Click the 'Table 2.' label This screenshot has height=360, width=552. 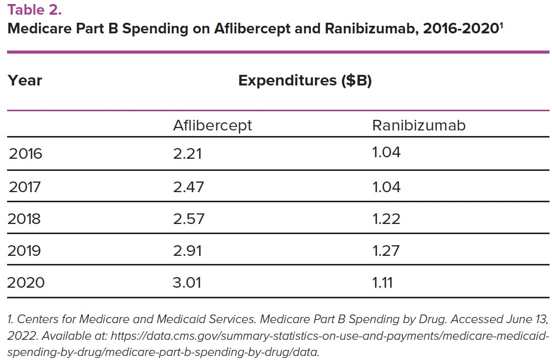coord(34,9)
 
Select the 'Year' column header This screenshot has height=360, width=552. coord(25,80)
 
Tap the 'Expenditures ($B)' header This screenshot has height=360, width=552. coord(305,80)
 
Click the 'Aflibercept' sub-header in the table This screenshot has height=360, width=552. coord(212,125)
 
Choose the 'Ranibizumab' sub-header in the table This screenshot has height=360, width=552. coord(419,125)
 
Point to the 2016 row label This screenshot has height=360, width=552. coord(25,154)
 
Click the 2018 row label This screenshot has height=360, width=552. coord(24,218)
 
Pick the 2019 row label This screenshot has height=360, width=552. coord(24,250)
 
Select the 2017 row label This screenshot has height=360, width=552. coord(25,187)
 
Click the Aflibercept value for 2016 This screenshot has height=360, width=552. coord(187,154)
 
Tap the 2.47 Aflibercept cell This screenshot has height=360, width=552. coord(188,187)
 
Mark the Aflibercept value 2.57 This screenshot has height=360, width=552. coord(188,218)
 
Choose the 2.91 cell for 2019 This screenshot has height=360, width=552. coord(187,250)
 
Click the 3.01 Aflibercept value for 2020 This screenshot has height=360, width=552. coord(187,282)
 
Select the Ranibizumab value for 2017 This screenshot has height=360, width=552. coord(386,187)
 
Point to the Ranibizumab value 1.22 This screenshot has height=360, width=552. coord(386,218)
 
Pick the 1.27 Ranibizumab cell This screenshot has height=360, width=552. coord(386,250)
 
